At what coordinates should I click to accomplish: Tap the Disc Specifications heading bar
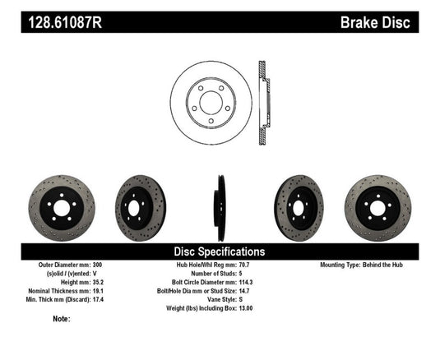point(220,252)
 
